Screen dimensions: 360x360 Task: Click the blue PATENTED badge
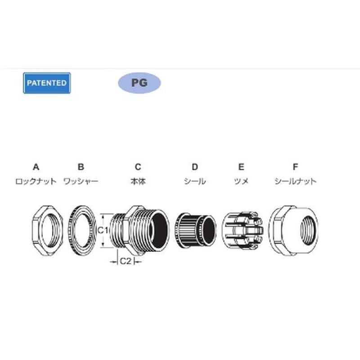click(x=47, y=83)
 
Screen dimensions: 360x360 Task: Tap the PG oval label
click(x=139, y=83)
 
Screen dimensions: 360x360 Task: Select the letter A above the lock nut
click(x=36, y=167)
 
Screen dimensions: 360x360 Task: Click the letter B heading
click(x=81, y=167)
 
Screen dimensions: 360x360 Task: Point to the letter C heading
click(x=138, y=167)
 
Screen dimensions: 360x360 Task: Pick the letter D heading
click(x=195, y=167)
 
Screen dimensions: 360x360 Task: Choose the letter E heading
click(x=241, y=167)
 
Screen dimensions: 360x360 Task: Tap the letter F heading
click(x=296, y=167)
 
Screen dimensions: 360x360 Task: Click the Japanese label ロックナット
click(x=36, y=181)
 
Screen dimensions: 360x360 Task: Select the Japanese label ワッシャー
click(x=81, y=181)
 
